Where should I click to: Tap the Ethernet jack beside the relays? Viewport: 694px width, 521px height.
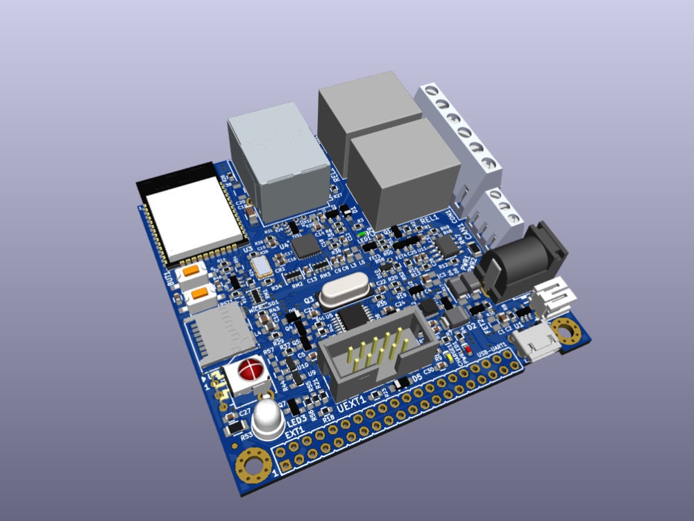pos(278,160)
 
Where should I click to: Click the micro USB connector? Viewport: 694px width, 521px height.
pos(536,344)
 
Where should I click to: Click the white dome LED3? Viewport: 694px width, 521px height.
pos(267,417)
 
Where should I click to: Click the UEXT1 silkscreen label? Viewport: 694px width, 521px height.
pos(355,405)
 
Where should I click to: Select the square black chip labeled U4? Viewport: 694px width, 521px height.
pos(305,245)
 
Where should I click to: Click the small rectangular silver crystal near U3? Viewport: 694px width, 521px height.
pos(262,266)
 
